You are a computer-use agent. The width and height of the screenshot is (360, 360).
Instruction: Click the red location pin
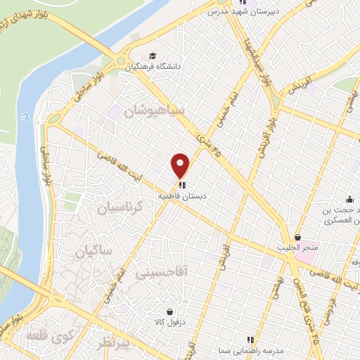pos(181,165)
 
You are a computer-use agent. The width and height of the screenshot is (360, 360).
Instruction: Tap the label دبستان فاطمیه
pos(184,198)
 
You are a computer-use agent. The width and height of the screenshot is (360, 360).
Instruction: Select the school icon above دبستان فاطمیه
pos(183,186)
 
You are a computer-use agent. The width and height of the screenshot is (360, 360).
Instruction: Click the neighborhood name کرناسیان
pos(119,208)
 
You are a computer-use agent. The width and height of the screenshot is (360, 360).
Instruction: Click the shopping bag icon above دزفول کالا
pos(169,311)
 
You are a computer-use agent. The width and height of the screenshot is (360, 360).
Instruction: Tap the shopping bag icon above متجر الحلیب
pos(298,237)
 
